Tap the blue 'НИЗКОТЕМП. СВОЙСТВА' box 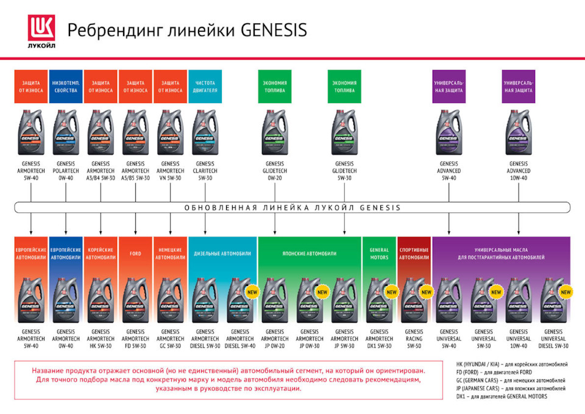click(x=65, y=86)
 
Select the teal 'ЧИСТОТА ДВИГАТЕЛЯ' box click(x=205, y=86)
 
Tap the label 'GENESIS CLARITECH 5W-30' click(x=205, y=171)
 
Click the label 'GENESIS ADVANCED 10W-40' click(x=519, y=171)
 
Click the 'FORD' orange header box click(x=135, y=252)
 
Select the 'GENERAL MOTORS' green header click(x=379, y=253)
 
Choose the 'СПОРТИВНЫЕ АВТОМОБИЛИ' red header click(x=414, y=253)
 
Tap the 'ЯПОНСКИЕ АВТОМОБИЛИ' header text click(x=310, y=253)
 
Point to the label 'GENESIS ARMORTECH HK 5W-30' click(x=100, y=339)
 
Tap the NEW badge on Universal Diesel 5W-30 click(x=565, y=292)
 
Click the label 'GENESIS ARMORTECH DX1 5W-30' click(x=379, y=339)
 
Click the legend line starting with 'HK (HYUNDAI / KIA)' click(x=512, y=365)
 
